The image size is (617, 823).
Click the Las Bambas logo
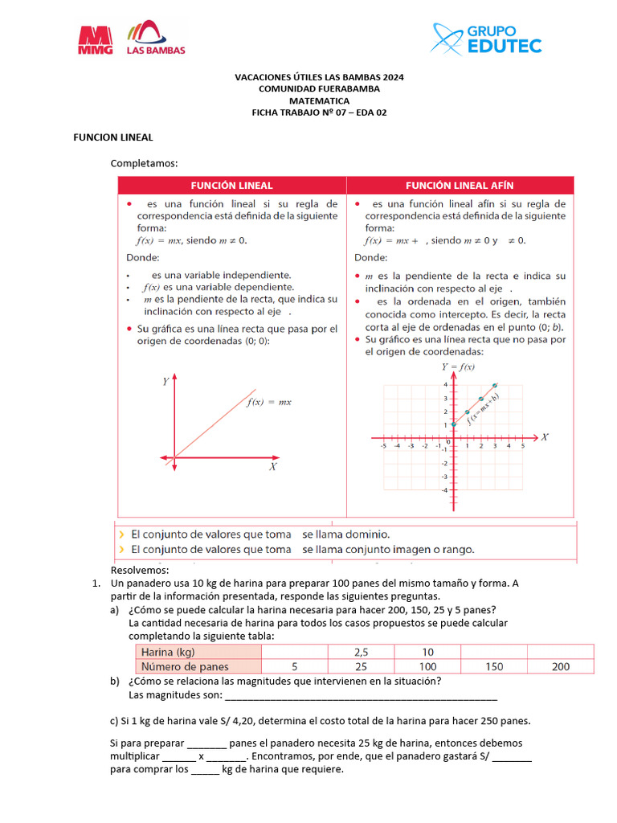(x=156, y=38)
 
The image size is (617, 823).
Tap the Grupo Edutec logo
(x=487, y=38)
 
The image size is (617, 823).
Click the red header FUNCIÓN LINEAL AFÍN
(x=460, y=185)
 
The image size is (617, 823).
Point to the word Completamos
(x=144, y=163)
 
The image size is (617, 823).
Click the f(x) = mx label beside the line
(x=268, y=402)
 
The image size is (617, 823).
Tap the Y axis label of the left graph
(x=165, y=382)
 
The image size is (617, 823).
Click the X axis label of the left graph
(x=273, y=466)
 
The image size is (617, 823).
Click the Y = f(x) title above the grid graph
(x=458, y=367)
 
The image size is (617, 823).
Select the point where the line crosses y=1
(x=453, y=424)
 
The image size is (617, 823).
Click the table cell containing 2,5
(x=361, y=652)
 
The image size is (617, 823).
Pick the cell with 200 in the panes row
(x=561, y=666)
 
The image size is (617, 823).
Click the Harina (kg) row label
(x=168, y=652)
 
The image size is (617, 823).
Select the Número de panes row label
(x=185, y=666)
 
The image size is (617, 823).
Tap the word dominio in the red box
(x=366, y=534)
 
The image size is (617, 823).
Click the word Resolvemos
(x=140, y=571)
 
